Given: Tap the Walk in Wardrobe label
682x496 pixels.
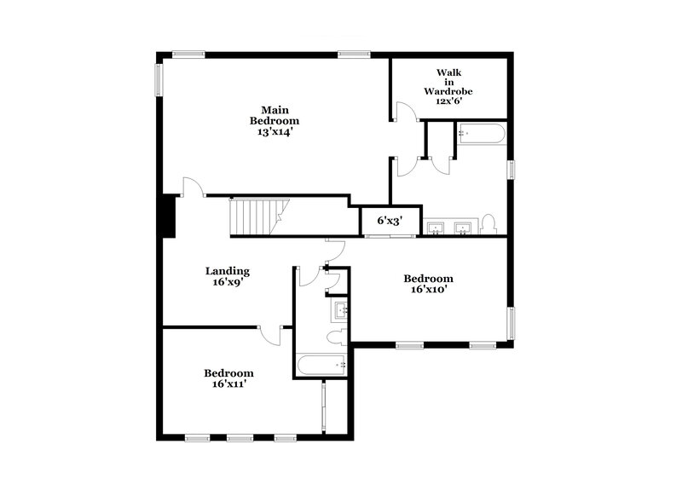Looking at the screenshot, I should click(448, 82).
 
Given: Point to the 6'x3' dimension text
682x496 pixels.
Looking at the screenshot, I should click(390, 220).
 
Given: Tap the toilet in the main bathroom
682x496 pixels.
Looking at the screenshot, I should click(488, 225).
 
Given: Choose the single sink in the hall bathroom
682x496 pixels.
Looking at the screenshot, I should click(340, 309).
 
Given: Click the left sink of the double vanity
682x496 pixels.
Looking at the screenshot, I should click(436, 228).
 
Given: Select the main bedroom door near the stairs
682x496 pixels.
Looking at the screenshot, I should click(194, 187).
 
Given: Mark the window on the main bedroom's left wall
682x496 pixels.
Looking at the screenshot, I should click(158, 79).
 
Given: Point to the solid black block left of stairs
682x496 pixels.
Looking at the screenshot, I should click(169, 216).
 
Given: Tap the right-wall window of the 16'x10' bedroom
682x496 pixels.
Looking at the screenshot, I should click(511, 323).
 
